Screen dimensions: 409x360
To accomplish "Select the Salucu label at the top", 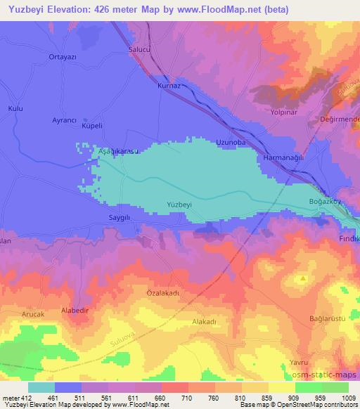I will [x=140, y=50].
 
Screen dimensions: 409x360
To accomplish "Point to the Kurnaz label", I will [x=169, y=85].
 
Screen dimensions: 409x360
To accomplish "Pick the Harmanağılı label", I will [x=283, y=158].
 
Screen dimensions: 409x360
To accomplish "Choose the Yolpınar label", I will [x=285, y=112].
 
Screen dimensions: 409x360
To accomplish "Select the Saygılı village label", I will [x=120, y=218].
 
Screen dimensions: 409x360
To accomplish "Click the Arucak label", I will [x=33, y=314].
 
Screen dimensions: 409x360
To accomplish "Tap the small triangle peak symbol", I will [x=303, y=278].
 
